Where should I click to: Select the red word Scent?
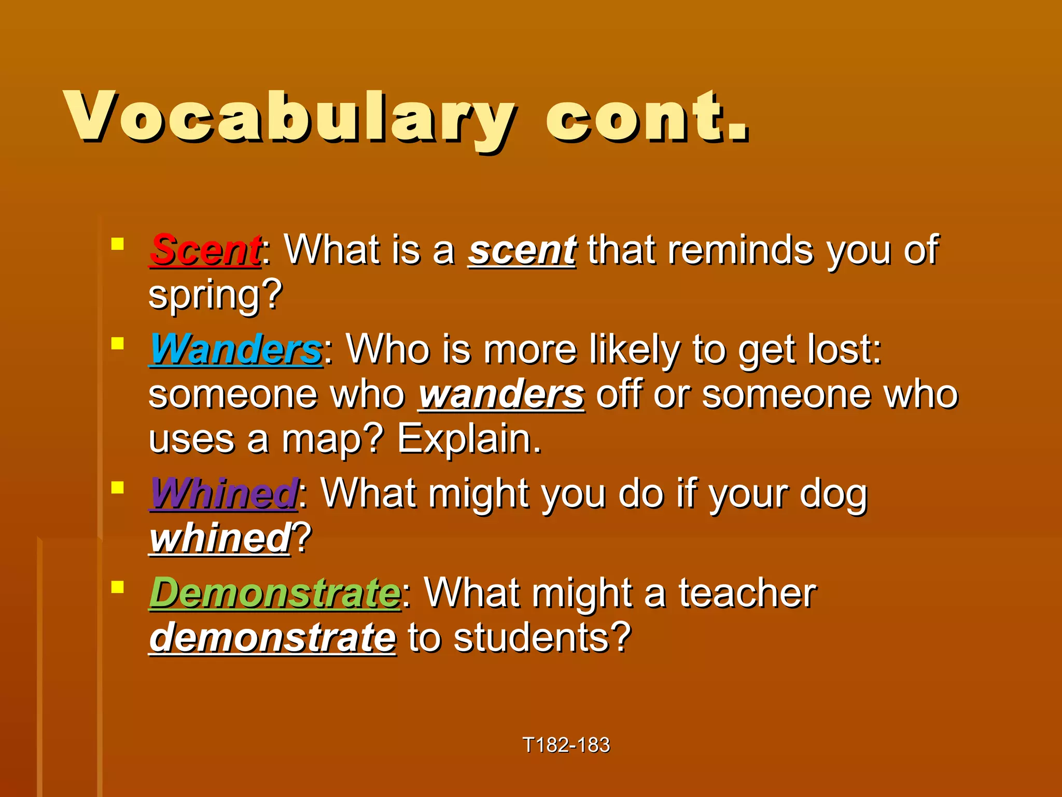point(205,250)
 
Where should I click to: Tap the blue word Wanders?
point(236,349)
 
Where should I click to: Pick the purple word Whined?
point(223,493)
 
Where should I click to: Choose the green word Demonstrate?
point(275,593)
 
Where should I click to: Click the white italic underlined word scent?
point(522,250)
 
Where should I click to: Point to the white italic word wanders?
point(501,395)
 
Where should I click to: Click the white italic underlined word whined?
point(220,538)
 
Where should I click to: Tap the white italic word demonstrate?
point(273,638)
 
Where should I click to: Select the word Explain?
point(469,439)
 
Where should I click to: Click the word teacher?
point(747,593)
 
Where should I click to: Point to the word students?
point(542,638)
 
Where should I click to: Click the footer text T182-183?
point(566,745)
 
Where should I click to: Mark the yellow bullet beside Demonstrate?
point(118,587)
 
